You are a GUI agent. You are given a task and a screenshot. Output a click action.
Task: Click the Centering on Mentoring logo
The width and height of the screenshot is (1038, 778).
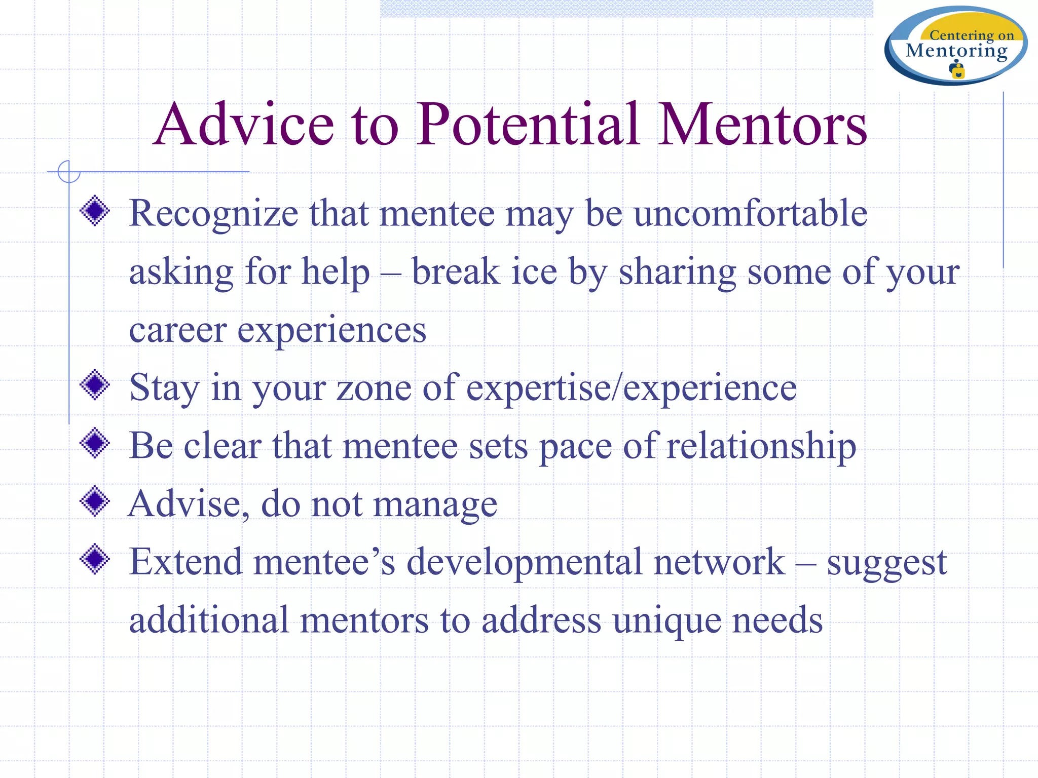point(956,46)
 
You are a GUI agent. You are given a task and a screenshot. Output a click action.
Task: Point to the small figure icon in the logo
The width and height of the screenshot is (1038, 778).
point(957,70)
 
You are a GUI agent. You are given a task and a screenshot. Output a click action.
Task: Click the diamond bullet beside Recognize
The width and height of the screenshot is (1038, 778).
point(95,211)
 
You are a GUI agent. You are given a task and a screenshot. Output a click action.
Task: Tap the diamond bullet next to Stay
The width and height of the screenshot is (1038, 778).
point(95,385)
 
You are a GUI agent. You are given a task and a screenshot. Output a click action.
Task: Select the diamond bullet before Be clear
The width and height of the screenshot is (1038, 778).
point(95,444)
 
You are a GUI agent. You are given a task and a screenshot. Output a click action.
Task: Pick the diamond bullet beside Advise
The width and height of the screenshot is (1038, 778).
point(95,501)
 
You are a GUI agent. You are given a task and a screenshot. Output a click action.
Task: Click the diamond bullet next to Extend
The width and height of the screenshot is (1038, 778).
point(95,560)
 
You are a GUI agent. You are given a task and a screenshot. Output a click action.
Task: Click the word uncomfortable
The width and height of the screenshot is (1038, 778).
point(751,213)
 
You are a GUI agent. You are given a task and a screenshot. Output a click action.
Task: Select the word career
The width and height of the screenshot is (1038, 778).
point(177,330)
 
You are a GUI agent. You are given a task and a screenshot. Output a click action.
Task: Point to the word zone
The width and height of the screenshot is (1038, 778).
point(374,388)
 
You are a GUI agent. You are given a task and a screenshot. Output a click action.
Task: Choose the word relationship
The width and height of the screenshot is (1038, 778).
point(761,446)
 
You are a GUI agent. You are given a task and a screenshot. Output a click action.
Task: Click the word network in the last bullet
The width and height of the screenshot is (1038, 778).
point(719,562)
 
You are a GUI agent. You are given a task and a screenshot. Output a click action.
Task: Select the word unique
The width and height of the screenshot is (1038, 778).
point(667,621)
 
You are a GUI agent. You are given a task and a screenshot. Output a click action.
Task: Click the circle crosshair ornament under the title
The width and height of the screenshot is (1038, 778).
point(69,172)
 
